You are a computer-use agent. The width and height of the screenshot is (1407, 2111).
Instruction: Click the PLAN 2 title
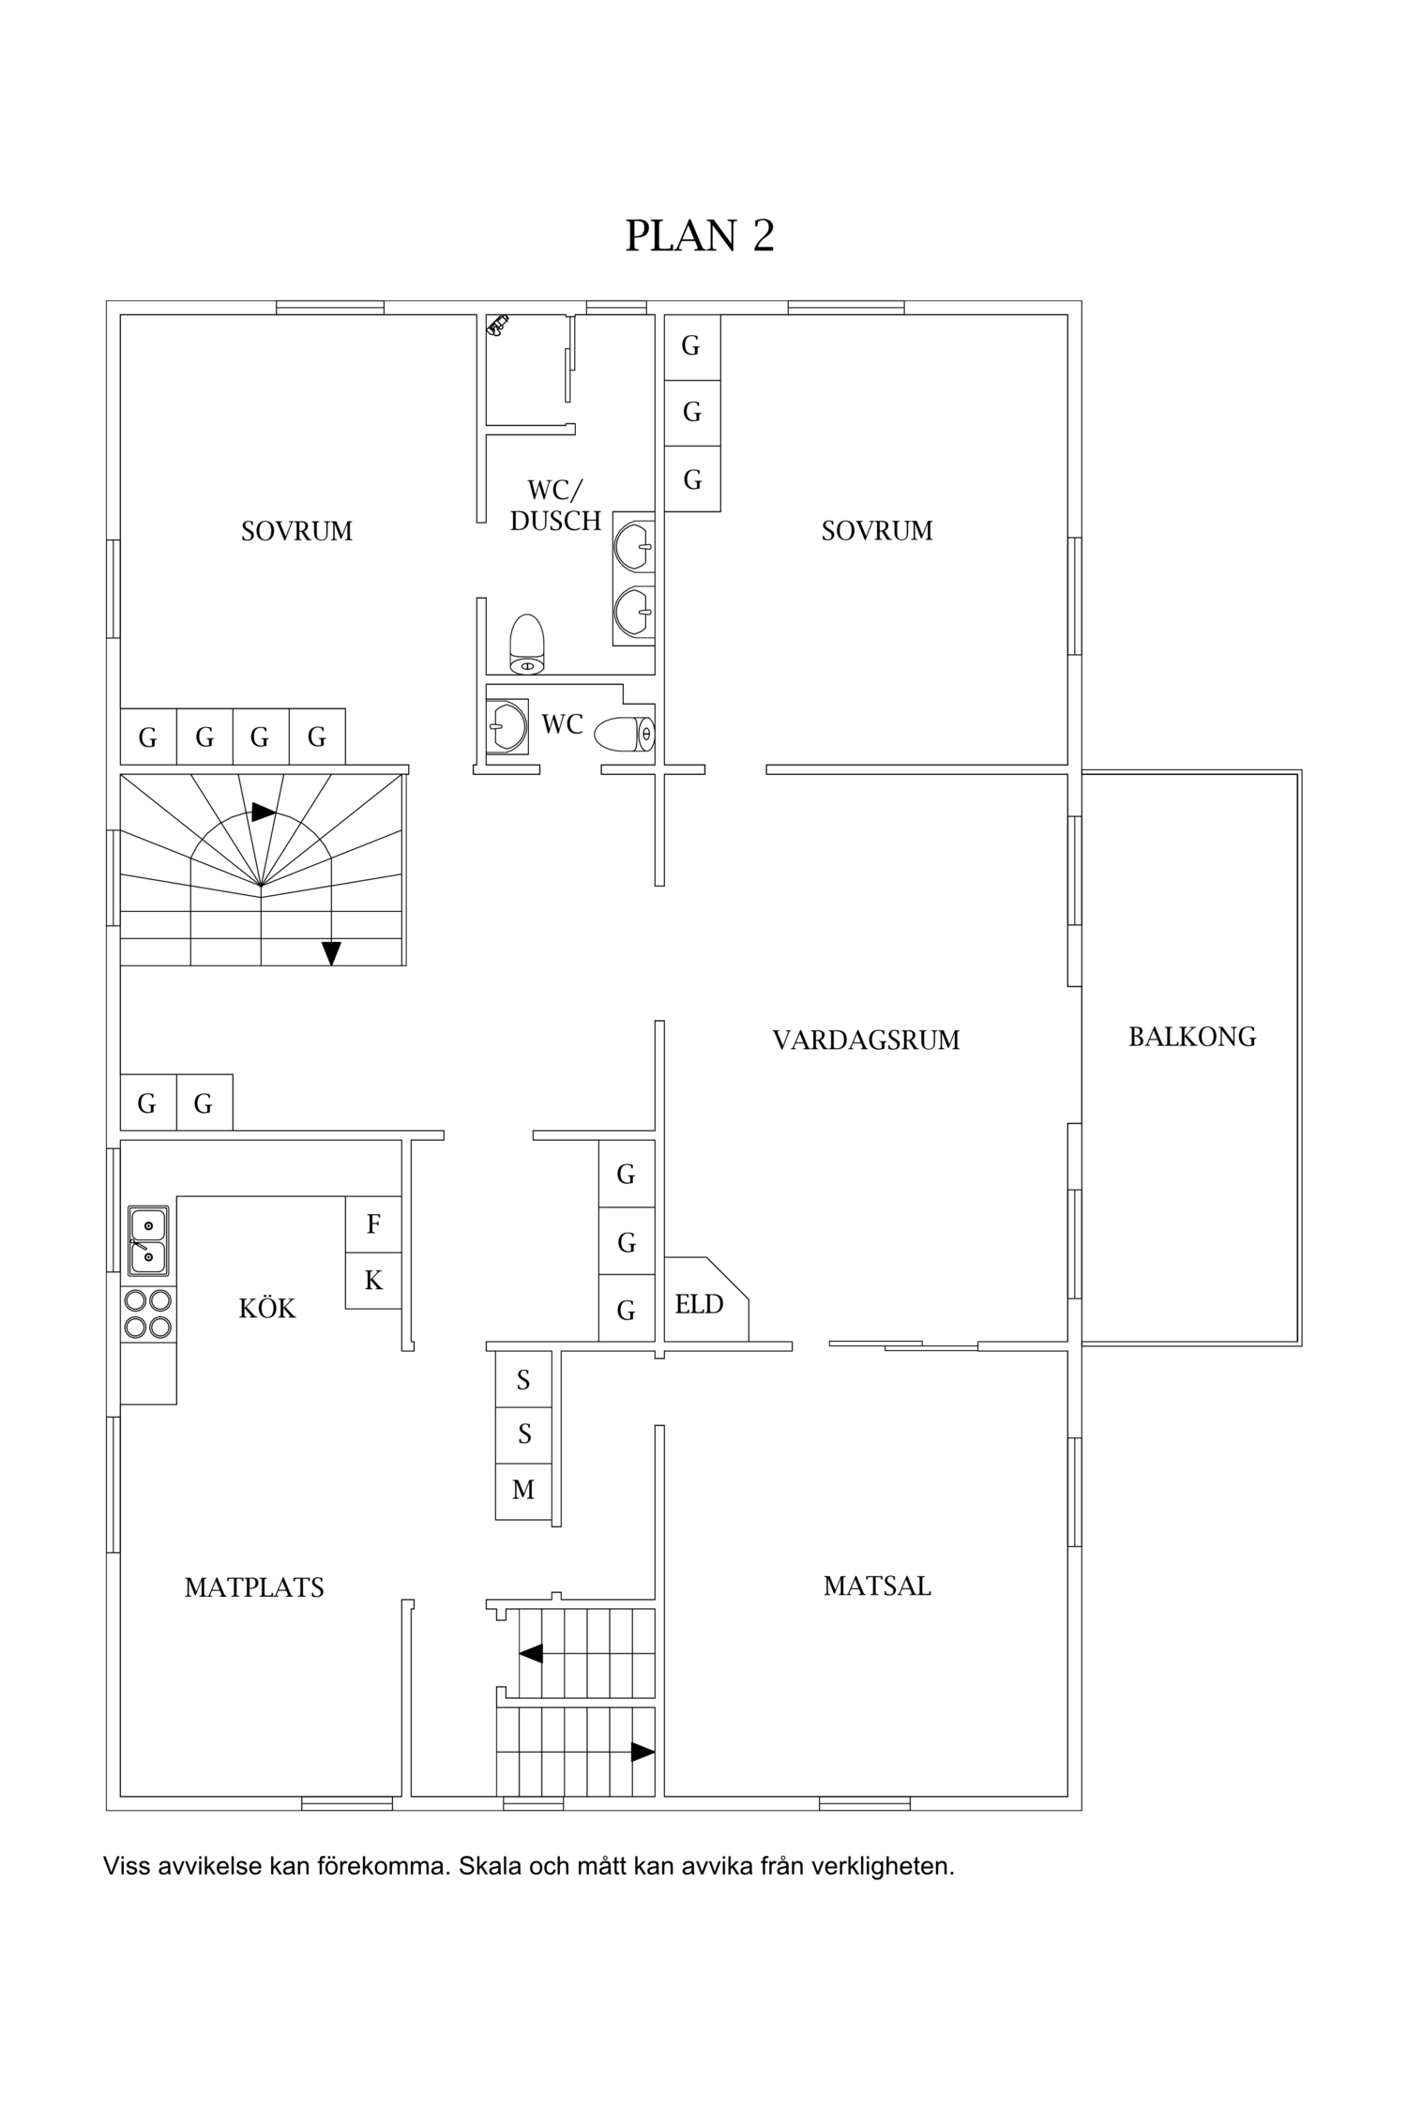[700, 235]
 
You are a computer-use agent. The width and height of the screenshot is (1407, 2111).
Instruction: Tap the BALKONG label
[1192, 1037]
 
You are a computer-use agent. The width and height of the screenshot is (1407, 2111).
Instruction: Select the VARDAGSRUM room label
[866, 1040]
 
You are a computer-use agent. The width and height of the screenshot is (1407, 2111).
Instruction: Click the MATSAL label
[877, 1586]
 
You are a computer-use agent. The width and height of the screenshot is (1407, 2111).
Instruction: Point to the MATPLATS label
[254, 1587]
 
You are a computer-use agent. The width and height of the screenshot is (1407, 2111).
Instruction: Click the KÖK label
[267, 1308]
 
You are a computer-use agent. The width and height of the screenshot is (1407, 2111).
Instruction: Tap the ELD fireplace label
[700, 1304]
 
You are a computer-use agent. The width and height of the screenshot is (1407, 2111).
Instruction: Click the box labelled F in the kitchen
[373, 1224]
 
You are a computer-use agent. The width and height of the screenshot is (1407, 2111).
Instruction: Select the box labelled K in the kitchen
[373, 1281]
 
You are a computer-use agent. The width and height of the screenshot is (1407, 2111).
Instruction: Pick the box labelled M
[523, 1490]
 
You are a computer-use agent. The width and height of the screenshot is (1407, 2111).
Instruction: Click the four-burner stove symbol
[148, 1314]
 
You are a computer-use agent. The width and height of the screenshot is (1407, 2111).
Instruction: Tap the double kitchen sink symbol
[148, 1240]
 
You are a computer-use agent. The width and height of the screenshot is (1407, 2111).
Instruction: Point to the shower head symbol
[497, 325]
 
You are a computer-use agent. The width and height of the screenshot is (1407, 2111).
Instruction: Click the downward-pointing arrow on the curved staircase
[331, 953]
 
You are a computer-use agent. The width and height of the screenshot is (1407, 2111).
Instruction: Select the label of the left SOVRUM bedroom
[296, 531]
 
